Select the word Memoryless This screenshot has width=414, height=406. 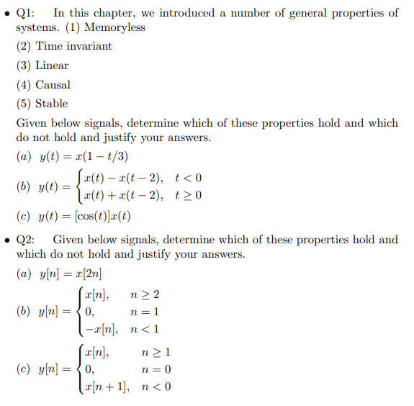pyautogui.click(x=114, y=27)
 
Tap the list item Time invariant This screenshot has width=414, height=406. pyautogui.click(x=74, y=46)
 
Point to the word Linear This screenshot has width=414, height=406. pyautogui.click(x=52, y=66)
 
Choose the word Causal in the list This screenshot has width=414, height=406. pyautogui.click(x=53, y=84)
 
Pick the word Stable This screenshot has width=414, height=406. pyautogui.click(x=52, y=103)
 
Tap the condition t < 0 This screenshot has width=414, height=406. pyautogui.click(x=188, y=178)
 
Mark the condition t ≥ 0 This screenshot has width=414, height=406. pyautogui.click(x=188, y=195)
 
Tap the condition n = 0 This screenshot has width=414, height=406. pyautogui.click(x=157, y=369)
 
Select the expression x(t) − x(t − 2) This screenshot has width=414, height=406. pyautogui.click(x=123, y=178)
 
